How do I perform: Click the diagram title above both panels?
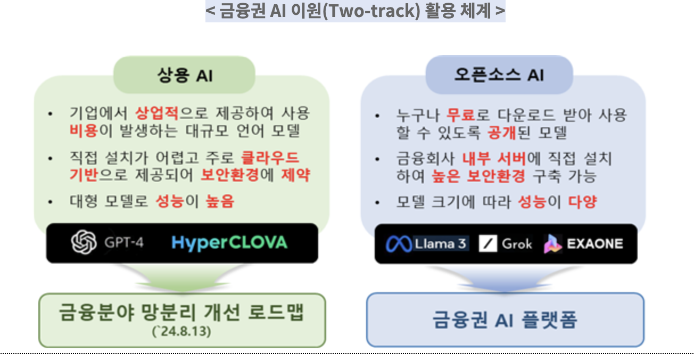point(355,11)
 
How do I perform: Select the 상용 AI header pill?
point(184,75)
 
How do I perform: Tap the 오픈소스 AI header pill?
point(499,75)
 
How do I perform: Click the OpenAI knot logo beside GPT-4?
point(84,243)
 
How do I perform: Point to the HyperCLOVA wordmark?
point(229,243)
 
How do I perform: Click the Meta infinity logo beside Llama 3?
point(400,244)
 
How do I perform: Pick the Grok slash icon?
point(488,244)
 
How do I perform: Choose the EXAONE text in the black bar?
point(594,244)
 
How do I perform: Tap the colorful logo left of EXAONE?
point(553,244)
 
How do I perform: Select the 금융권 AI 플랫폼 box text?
point(505,320)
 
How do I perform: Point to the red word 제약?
point(296,175)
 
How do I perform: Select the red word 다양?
point(582,202)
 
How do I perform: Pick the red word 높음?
point(220,201)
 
